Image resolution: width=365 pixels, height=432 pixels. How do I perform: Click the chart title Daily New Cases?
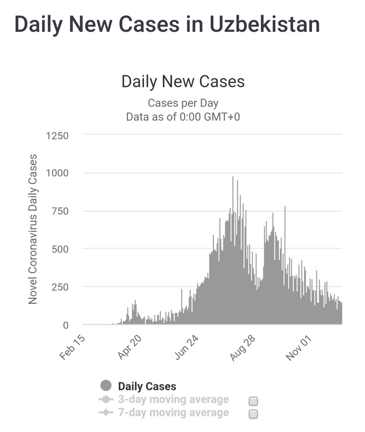click(x=183, y=82)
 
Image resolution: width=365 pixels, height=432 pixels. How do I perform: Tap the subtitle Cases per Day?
click(x=183, y=103)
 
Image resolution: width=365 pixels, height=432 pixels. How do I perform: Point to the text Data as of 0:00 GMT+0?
click(x=183, y=117)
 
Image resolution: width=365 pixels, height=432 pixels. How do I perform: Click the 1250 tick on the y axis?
click(x=57, y=136)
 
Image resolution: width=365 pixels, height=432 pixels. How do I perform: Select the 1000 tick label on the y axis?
click(x=57, y=173)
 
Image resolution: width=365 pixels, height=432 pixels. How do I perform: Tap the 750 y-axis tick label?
click(x=60, y=211)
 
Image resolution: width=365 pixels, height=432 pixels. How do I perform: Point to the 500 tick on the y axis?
click(x=60, y=249)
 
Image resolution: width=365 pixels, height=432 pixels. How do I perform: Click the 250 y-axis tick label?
click(x=60, y=287)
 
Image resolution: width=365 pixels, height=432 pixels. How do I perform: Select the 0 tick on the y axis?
click(x=66, y=325)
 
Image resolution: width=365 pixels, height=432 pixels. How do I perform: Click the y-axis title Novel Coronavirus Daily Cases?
click(x=32, y=229)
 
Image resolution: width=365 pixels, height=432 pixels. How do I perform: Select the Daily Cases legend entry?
click(x=147, y=386)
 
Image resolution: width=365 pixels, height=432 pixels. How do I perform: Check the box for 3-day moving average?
click(x=253, y=401)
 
